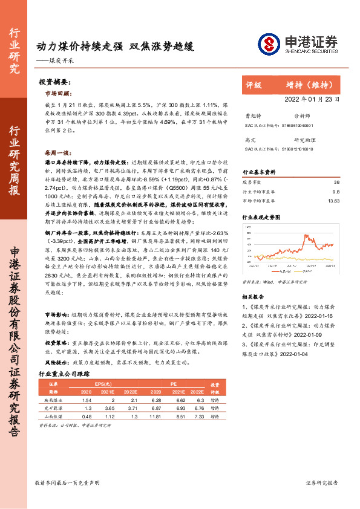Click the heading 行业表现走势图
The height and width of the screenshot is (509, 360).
[x=261, y=216]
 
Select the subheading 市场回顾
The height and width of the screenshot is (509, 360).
[x=57, y=94]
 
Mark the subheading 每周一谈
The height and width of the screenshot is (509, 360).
[x=57, y=153]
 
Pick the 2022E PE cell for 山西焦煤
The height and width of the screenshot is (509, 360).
[x=194, y=417]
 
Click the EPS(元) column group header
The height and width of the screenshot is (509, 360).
[x=103, y=383]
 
